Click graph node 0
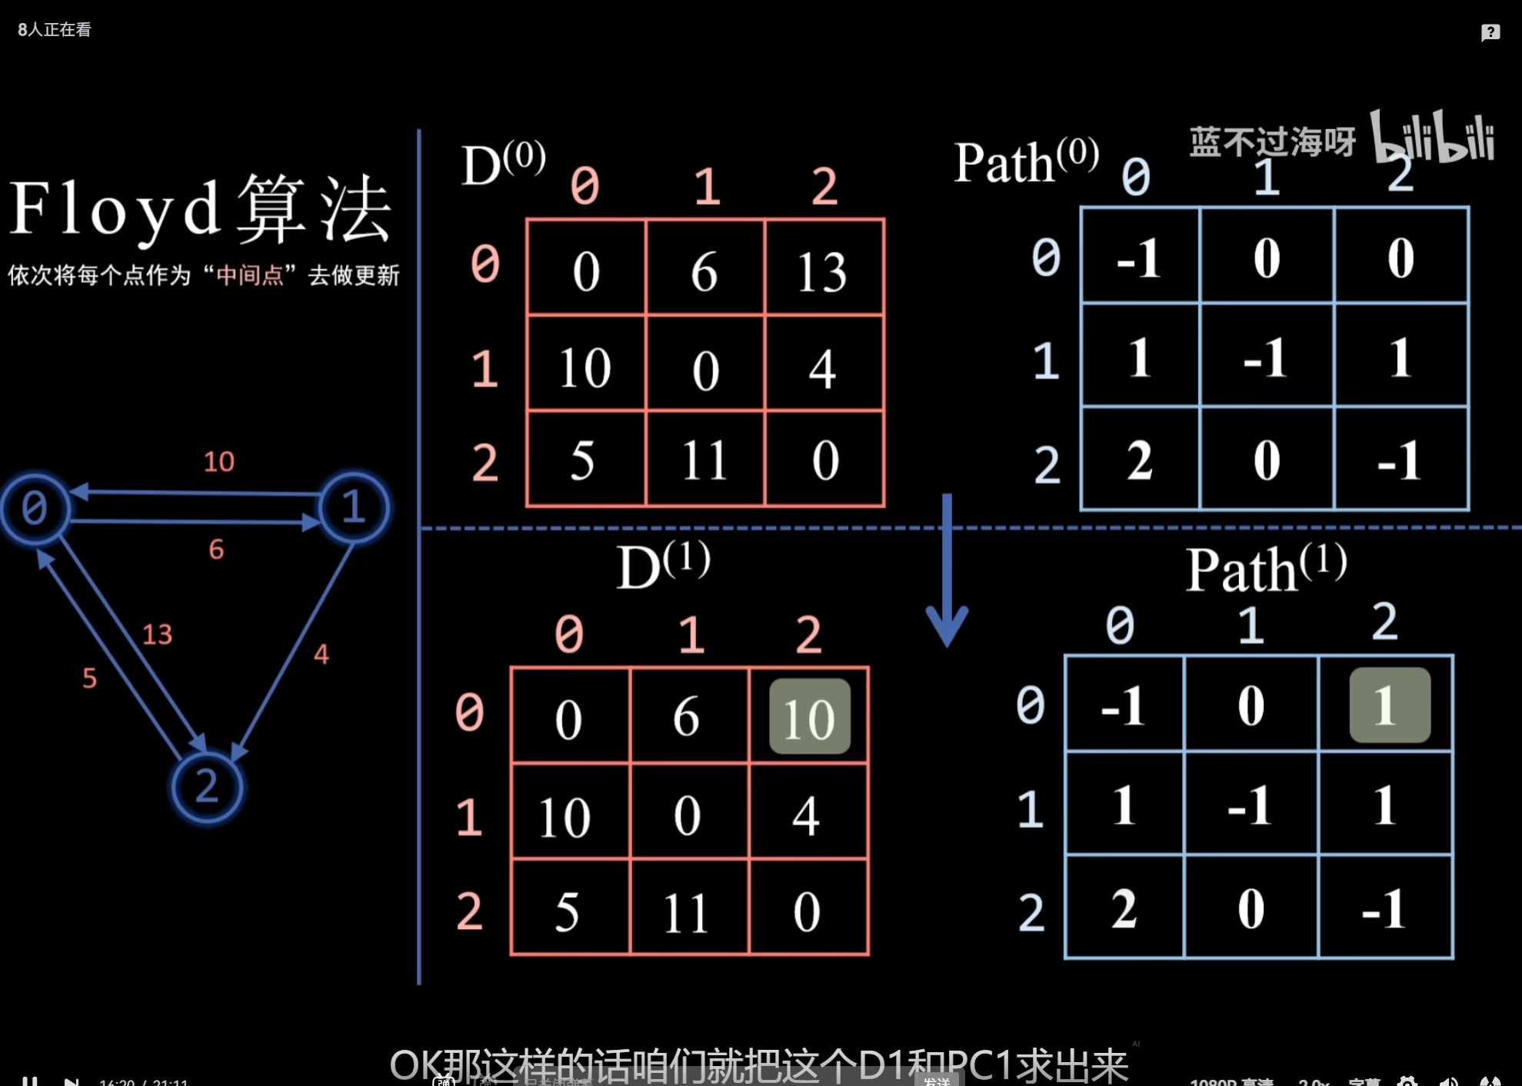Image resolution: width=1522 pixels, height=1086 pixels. coord(35,508)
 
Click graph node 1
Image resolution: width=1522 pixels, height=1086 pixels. coord(353,508)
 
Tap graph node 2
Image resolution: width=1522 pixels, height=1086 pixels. coord(206,787)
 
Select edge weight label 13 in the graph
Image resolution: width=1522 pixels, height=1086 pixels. coord(157,635)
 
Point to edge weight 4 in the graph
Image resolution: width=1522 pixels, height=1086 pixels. coord(321,655)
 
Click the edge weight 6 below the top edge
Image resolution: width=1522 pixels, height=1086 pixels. coord(216,549)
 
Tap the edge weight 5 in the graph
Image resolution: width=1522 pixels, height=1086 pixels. coord(90,678)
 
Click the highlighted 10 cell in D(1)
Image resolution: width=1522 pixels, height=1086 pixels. coord(810,718)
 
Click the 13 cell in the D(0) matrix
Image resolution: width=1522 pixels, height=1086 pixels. coord(823,271)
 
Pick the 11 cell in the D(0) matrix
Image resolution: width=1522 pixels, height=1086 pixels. coord(704,460)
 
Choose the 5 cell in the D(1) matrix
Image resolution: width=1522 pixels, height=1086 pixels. coord(568,912)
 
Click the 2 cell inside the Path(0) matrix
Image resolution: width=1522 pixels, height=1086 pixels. coord(1139,460)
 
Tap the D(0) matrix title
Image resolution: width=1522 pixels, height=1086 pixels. coord(503,165)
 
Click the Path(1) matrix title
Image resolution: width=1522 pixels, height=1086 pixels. coord(1266,569)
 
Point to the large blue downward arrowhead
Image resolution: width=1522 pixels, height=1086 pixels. coord(947,623)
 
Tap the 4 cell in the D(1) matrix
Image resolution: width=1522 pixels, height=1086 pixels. coord(807,816)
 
